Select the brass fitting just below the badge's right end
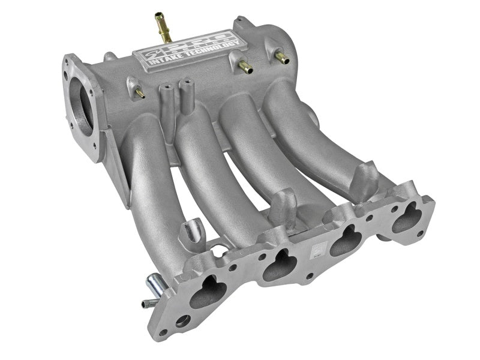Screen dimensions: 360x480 pos(244,67)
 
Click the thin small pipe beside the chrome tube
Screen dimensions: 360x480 pos(147,303)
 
